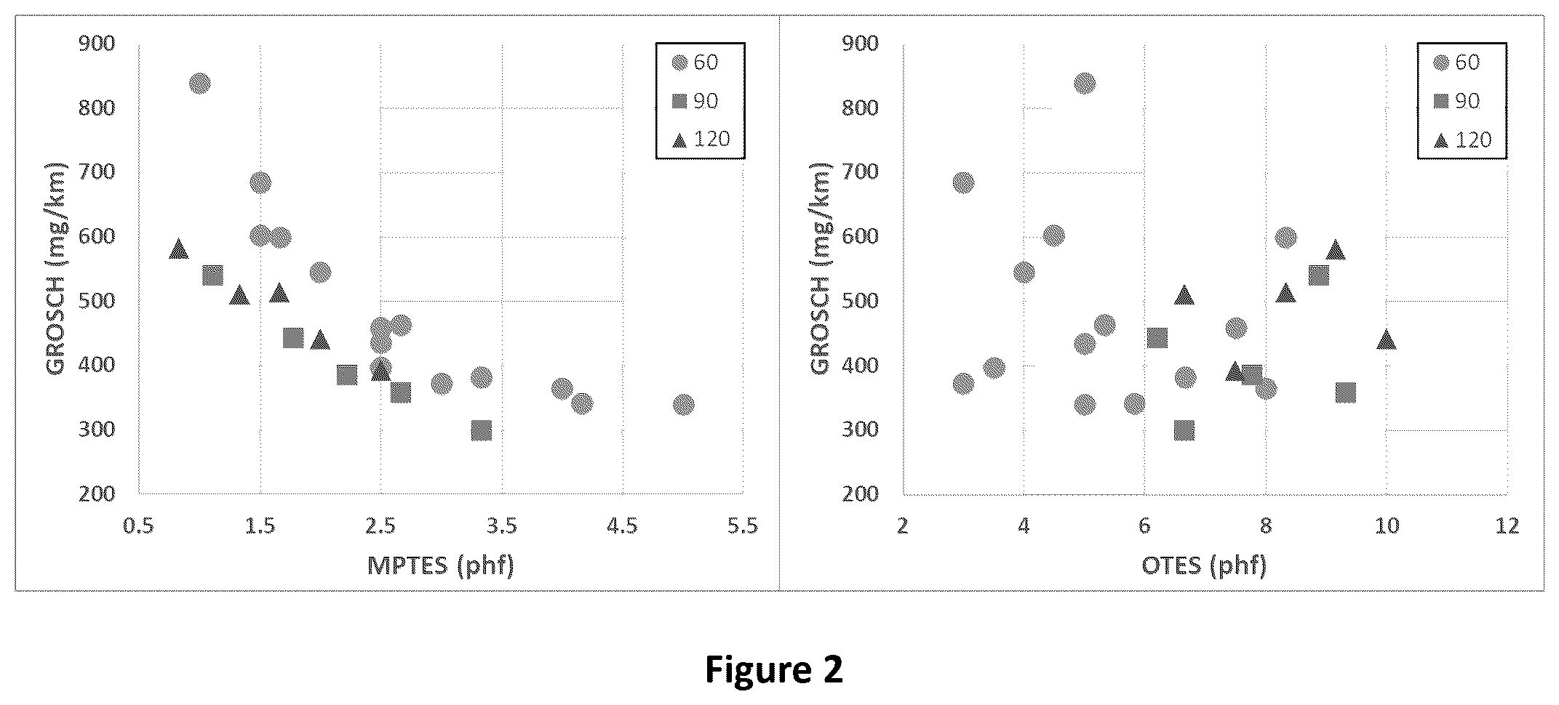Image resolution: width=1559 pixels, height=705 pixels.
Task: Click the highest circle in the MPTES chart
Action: pyautogui.click(x=199, y=84)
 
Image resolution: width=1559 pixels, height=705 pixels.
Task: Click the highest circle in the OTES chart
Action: pyautogui.click(x=1084, y=84)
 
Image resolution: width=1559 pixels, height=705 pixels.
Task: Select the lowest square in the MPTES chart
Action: pyautogui.click(x=481, y=431)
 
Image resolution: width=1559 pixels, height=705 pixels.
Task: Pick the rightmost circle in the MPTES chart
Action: pyautogui.click(x=683, y=405)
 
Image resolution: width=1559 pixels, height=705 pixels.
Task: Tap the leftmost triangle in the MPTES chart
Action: pyautogui.click(x=178, y=249)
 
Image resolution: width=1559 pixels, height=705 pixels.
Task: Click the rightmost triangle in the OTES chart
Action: pyautogui.click(x=1386, y=339)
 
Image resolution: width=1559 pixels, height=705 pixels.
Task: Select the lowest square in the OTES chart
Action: pyautogui.click(x=1184, y=431)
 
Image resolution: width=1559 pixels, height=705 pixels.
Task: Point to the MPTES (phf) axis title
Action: pyautogui.click(x=441, y=565)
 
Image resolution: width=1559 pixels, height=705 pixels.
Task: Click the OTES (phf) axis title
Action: pyautogui.click(x=1204, y=565)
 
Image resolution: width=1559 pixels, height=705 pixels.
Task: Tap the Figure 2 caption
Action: pyautogui.click(x=774, y=669)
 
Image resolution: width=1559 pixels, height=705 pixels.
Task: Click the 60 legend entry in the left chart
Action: pyautogui.click(x=695, y=62)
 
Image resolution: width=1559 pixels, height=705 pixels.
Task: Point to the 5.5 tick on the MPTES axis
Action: pyautogui.click(x=743, y=525)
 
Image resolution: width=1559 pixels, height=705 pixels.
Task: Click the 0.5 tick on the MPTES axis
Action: pyautogui.click(x=138, y=525)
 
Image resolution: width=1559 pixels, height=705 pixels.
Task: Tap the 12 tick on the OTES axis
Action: pyautogui.click(x=1507, y=525)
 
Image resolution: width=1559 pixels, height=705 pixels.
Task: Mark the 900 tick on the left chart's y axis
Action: pyautogui.click(x=96, y=44)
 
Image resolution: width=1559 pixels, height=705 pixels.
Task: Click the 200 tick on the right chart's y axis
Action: pyautogui.click(x=860, y=493)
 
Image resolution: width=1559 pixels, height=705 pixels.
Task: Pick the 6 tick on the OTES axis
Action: pyautogui.click(x=1144, y=525)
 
